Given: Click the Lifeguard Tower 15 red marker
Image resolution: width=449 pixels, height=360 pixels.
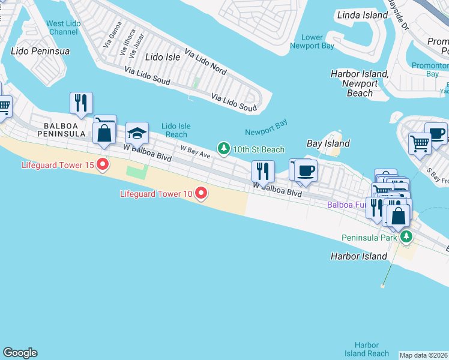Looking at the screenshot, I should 103,164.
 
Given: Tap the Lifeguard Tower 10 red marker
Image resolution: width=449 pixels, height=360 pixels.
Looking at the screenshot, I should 201,193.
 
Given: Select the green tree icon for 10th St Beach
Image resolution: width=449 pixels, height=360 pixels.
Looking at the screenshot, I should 224,148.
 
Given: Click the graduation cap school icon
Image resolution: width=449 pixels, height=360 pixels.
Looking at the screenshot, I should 137,133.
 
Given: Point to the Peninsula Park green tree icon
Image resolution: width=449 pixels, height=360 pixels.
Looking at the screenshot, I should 407,237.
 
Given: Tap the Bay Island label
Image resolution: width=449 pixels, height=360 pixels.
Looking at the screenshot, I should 328,144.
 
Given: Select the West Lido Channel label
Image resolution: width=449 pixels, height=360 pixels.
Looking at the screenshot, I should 62,28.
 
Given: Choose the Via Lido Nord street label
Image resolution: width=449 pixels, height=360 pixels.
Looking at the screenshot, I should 205,62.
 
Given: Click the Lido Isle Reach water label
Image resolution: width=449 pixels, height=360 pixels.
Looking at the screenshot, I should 176,130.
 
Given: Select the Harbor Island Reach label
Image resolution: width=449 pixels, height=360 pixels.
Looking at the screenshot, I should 366,349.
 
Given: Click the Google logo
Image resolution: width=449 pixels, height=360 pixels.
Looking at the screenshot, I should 20,353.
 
